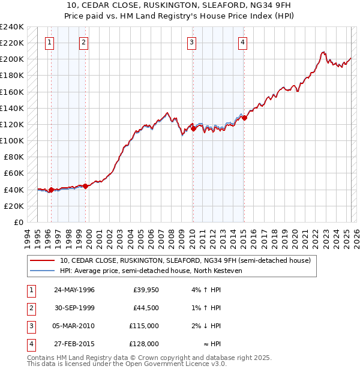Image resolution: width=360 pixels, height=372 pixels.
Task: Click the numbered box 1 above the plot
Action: tap(49, 42)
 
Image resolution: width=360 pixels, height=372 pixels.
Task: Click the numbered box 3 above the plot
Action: tap(191, 42)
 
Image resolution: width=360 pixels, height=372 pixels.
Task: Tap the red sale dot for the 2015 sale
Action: tap(245, 118)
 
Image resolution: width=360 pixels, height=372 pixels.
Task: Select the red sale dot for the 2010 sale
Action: tap(194, 128)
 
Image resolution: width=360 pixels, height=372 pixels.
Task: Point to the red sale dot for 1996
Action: tap(51, 190)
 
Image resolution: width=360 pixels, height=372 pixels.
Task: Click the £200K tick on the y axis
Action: tap(12, 59)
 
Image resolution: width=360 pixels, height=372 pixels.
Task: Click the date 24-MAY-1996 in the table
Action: tap(74, 290)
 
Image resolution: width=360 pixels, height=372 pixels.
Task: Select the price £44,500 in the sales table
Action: tap(146, 308)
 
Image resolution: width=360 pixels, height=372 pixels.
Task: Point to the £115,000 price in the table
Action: tap(145, 326)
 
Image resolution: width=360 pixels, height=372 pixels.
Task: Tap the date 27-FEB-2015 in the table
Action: tap(74, 344)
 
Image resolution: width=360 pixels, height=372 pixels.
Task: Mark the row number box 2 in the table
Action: tap(29, 308)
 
